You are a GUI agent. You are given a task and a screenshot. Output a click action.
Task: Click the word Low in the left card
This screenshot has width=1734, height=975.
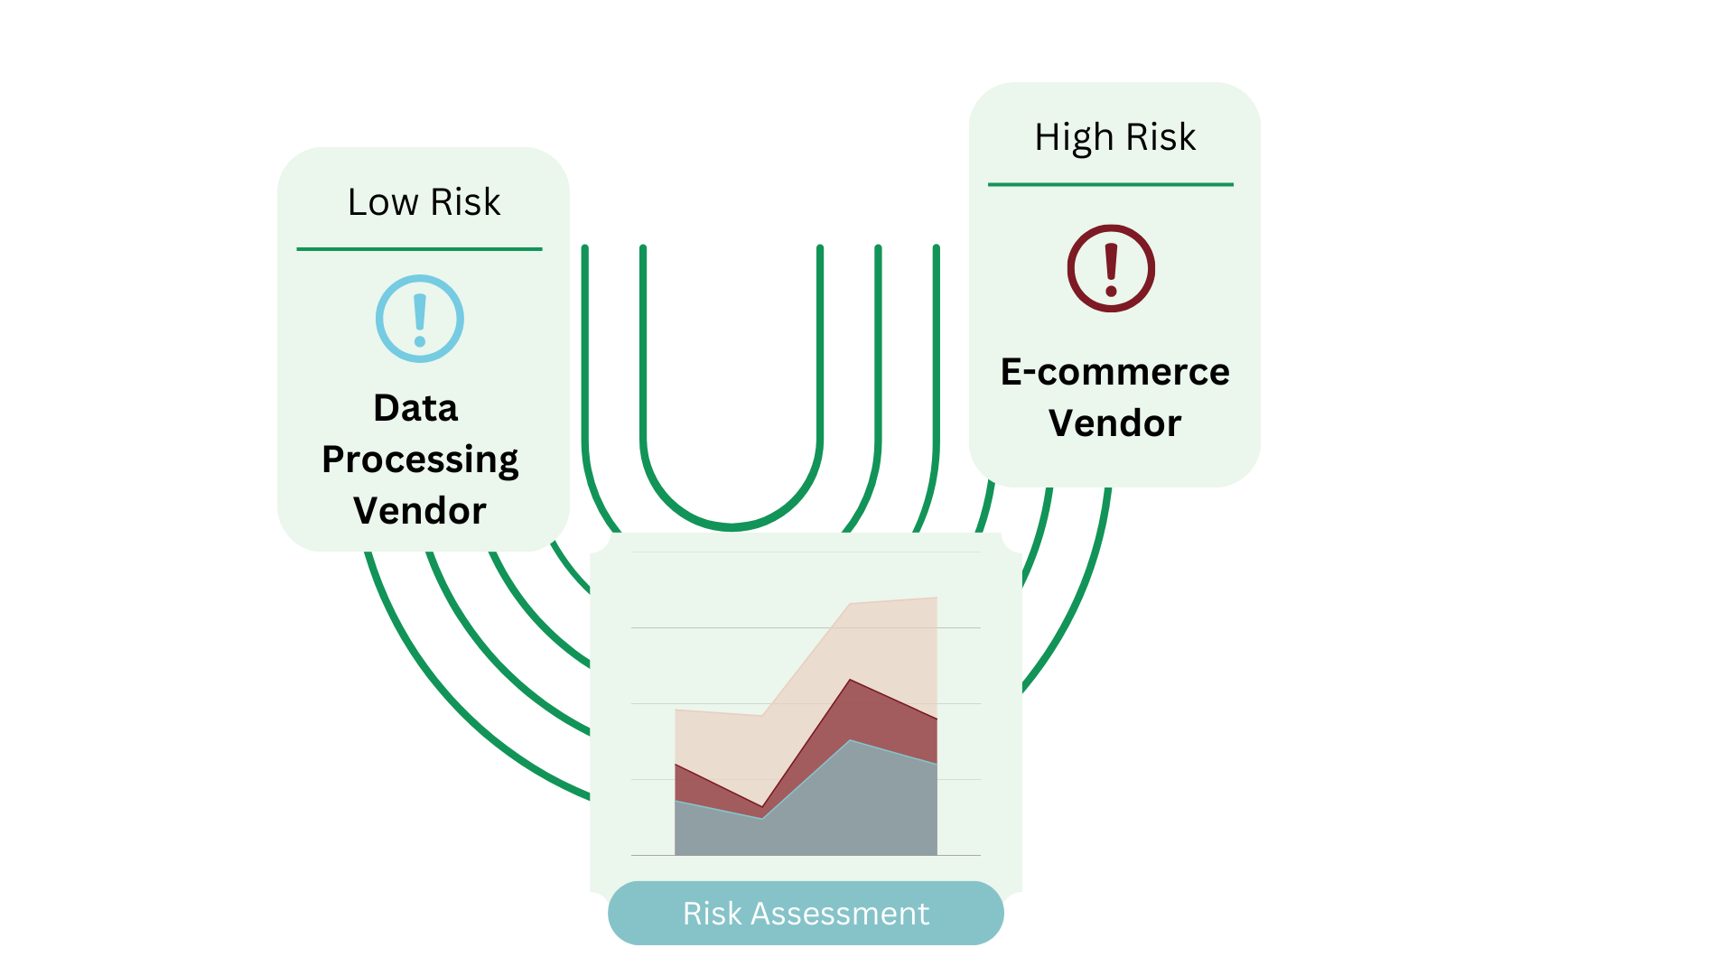pyautogui.click(x=382, y=202)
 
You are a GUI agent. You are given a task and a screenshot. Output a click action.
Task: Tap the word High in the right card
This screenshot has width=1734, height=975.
pyautogui.click(x=1074, y=138)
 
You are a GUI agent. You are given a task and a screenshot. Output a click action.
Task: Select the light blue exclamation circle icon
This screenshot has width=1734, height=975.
pyautogui.click(x=420, y=319)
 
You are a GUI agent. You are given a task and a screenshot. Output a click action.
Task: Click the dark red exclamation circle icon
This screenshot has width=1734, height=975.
pyautogui.click(x=1111, y=268)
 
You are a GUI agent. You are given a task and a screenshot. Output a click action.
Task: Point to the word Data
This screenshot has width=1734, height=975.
pyautogui.click(x=415, y=408)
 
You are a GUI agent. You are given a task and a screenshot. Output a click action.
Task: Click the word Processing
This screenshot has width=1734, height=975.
pyautogui.click(x=420, y=460)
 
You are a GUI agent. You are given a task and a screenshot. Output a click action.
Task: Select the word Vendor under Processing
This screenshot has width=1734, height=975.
pyautogui.click(x=420, y=511)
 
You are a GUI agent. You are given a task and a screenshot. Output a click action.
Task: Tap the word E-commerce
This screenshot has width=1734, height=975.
pyautogui.click(x=1114, y=372)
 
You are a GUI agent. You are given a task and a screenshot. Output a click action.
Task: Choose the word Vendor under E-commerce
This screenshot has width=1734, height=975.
pyautogui.click(x=1114, y=423)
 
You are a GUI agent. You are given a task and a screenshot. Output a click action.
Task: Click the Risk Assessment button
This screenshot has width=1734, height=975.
pyautogui.click(x=806, y=913)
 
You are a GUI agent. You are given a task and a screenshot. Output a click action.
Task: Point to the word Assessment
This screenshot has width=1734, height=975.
pyautogui.click(x=840, y=914)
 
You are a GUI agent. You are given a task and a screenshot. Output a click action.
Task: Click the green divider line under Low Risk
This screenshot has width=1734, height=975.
pyautogui.click(x=419, y=249)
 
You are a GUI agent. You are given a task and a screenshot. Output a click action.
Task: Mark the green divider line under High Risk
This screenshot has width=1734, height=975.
pyautogui.click(x=1111, y=184)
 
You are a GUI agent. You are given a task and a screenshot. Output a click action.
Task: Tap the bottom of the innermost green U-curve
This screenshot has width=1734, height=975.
pyautogui.click(x=732, y=525)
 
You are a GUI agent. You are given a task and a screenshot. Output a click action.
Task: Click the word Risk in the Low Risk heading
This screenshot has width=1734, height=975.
pyautogui.click(x=465, y=202)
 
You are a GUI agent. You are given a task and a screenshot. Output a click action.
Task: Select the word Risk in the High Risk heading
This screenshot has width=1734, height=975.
pyautogui.click(x=1161, y=137)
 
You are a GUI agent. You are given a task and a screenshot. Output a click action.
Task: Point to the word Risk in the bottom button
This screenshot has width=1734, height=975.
pyautogui.click(x=712, y=914)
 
